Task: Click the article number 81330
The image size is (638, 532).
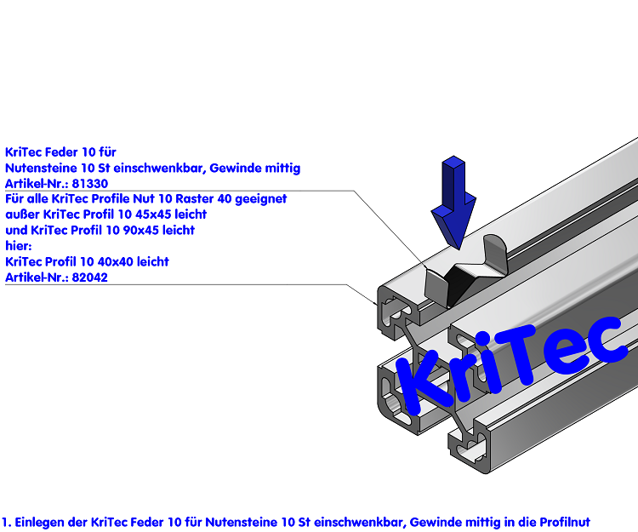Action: click(90, 184)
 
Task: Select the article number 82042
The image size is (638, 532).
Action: click(90, 277)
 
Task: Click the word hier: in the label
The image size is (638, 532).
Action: click(19, 246)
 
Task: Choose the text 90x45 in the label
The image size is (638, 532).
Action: click(141, 231)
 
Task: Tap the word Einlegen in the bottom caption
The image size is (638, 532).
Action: click(40, 523)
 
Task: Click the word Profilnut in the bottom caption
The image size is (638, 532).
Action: click(565, 523)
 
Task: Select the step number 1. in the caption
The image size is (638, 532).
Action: click(7, 523)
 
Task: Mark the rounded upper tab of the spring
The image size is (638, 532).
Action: click(494, 253)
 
